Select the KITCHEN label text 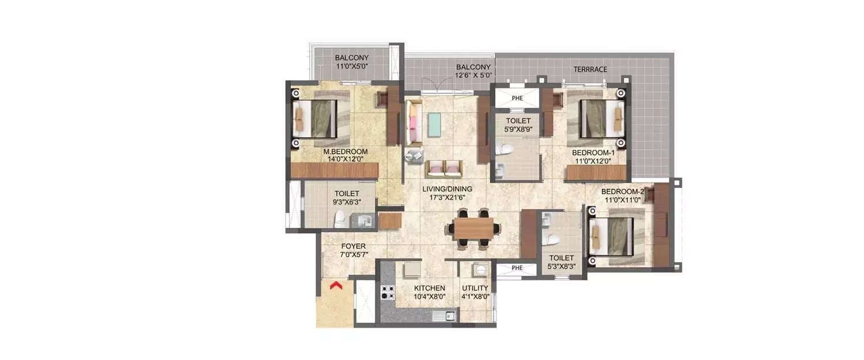[x=429, y=288]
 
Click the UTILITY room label [x=475, y=288]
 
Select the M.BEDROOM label [x=345, y=151]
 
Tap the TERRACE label [x=590, y=69]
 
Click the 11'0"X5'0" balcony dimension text [x=351, y=67]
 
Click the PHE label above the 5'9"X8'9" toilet [x=517, y=98]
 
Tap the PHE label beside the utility [x=517, y=268]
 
